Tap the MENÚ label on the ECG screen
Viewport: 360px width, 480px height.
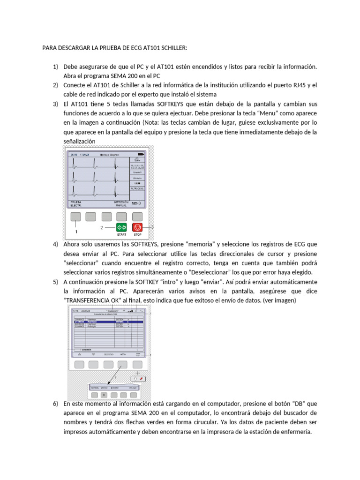coord(136,203)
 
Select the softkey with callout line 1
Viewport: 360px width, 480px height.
coord(75,216)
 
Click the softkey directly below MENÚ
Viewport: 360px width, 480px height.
coord(137,216)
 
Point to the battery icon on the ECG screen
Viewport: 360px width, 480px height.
coord(141,154)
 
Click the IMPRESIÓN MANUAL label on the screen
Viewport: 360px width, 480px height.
coord(120,204)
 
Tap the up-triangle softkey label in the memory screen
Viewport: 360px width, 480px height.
coord(79,354)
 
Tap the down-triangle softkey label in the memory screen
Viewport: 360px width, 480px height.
coord(93,354)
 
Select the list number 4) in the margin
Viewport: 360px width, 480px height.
coord(55,244)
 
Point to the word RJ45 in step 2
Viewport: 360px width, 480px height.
coord(299,85)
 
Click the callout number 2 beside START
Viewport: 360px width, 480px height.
coord(101,227)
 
